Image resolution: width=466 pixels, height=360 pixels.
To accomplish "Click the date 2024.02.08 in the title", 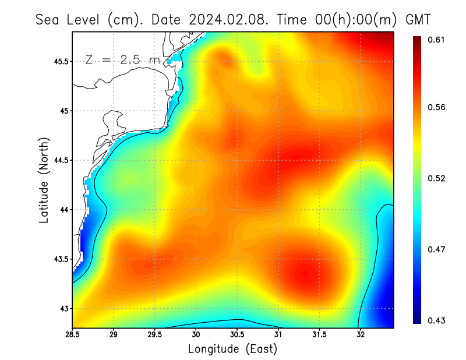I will point(225,19).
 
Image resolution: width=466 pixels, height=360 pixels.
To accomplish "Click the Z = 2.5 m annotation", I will point(122,60).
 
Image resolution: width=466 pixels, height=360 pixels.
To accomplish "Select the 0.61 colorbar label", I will point(437,40).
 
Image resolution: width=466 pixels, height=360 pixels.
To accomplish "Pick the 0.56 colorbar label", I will point(437,107).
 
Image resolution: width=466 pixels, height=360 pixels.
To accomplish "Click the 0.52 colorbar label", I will point(437,178).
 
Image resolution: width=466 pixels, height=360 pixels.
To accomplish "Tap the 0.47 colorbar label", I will point(437,249).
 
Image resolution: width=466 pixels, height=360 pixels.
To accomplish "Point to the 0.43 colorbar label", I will point(437,320).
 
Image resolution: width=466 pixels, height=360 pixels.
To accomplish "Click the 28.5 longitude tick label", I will point(72,336).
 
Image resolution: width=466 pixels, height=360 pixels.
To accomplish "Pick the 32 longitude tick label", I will point(361,336).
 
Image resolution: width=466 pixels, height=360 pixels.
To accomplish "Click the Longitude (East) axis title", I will point(232,349).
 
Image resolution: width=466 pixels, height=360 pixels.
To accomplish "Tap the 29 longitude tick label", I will point(114,336).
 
